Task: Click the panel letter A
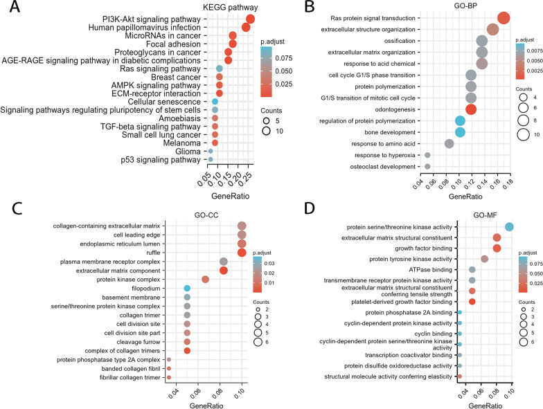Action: pos(13,10)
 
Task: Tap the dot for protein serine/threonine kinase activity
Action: pos(509,227)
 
